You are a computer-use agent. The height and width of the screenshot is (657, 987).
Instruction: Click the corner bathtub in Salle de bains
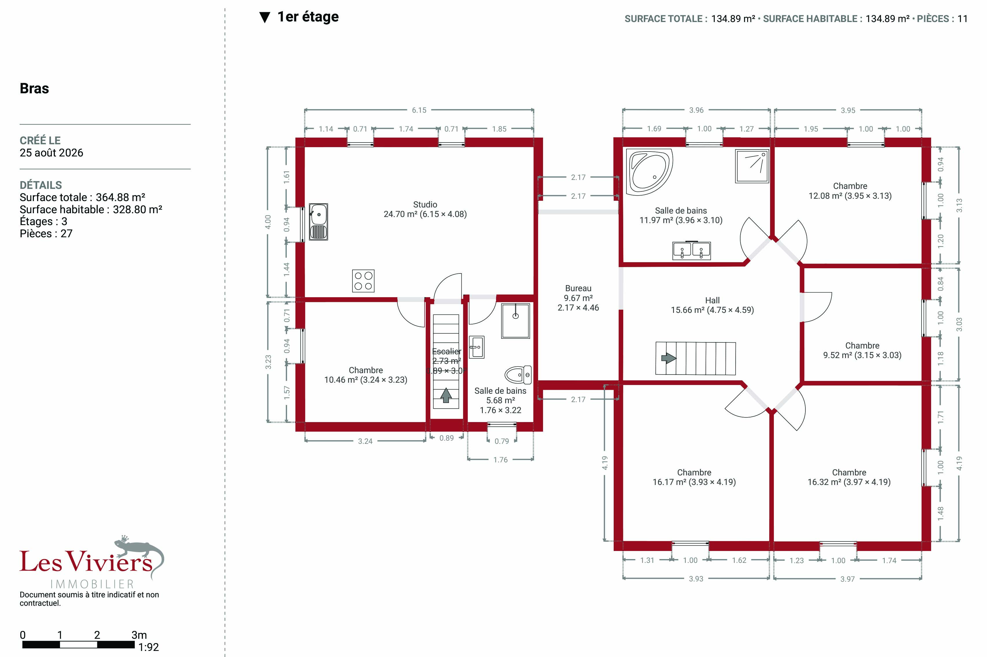pos(649,172)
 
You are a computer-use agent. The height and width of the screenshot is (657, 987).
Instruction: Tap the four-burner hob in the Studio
pos(363,281)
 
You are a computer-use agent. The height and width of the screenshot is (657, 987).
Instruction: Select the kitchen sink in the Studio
pos(318,222)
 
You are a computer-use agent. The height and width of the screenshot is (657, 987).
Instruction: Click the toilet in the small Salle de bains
pos(518,375)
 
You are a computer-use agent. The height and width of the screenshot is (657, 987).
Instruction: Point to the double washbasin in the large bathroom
pos(692,251)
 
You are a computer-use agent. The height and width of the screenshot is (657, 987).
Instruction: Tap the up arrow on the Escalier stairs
pos(446,395)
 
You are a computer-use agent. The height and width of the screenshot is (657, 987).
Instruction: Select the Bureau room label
pos(578,288)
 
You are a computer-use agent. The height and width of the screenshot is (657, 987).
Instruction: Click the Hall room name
pos(712,300)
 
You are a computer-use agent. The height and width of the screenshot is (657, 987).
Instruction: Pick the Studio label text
pos(425,205)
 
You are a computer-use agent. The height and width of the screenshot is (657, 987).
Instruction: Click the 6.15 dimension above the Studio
pos(419,110)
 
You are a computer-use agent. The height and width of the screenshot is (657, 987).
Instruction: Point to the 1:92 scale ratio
pos(149,647)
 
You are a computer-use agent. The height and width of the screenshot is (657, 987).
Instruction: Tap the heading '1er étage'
pos(308,17)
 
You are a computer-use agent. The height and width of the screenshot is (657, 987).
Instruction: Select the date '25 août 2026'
pos(52,153)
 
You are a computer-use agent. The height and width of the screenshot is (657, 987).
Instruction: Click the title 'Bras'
pos(34,88)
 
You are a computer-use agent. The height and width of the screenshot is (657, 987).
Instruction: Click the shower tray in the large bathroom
pos(752,166)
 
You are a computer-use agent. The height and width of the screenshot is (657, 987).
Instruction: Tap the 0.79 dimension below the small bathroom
pos(501,441)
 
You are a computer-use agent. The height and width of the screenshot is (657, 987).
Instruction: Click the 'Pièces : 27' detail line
pos(46,234)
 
